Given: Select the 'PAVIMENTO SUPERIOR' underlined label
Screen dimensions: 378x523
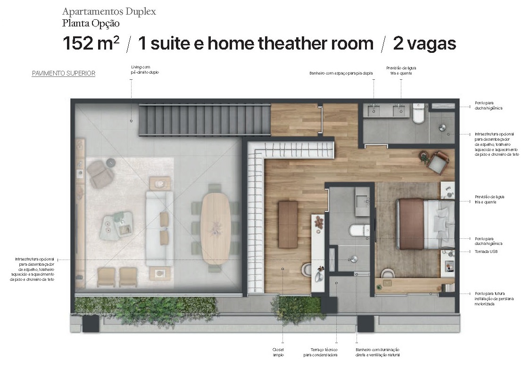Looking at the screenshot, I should pyautogui.click(x=64, y=74).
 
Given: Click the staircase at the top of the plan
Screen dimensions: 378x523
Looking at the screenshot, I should pyautogui.click(x=204, y=120).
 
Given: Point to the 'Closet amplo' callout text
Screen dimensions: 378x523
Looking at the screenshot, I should pyautogui.click(x=278, y=352).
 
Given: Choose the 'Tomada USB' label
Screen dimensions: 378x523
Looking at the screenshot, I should pyautogui.click(x=485, y=252).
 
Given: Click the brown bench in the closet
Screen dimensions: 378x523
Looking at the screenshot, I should pyautogui.click(x=288, y=225).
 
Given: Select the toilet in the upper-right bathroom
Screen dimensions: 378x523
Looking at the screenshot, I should pyautogui.click(x=418, y=114).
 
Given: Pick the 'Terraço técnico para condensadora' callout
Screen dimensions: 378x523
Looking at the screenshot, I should pyautogui.click(x=320, y=352).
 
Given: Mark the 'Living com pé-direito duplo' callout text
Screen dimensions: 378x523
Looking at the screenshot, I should pyautogui.click(x=145, y=70).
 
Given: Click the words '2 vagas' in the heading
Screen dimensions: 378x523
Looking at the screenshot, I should pyautogui.click(x=424, y=43).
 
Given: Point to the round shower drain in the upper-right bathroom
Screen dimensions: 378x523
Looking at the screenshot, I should pyautogui.click(x=443, y=127).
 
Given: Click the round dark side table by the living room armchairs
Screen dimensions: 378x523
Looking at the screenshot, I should pyautogui.click(x=111, y=162).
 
